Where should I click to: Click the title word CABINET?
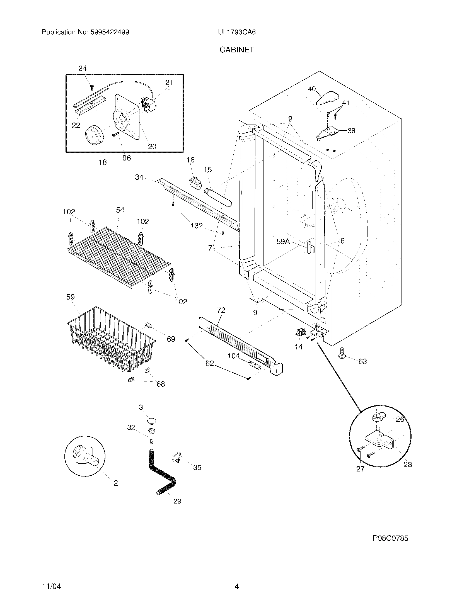(236, 50)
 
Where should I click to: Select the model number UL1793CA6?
(237, 32)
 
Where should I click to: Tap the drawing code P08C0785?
(390, 538)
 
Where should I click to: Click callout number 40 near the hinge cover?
(312, 89)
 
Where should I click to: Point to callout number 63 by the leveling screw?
(362, 361)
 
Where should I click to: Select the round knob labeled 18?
(94, 136)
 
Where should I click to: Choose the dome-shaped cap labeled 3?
(152, 421)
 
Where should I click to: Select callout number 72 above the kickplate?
(221, 310)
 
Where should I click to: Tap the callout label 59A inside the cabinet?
(283, 241)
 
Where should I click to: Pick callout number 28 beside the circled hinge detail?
(408, 465)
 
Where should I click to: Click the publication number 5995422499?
(110, 32)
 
